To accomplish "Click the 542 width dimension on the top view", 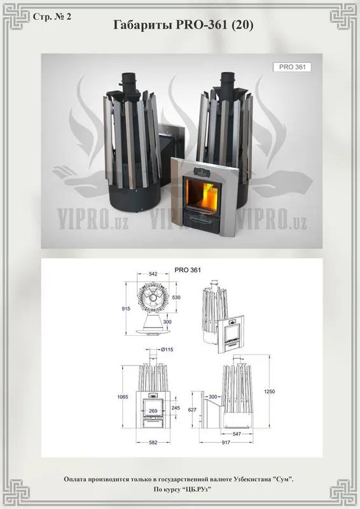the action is pos(153,274).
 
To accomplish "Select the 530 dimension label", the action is pos(176,297).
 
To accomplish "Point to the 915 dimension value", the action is pos(126,309).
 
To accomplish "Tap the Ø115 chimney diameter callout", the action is pos(167,349).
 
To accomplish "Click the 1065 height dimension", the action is pos(123,396).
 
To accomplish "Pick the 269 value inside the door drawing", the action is pos(153,411).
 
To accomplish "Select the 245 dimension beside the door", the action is pos(176,408).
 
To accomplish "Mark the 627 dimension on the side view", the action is pos(192,410).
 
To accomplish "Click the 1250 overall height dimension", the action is pos(269,391).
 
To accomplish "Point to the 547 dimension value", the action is pos(237,434).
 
